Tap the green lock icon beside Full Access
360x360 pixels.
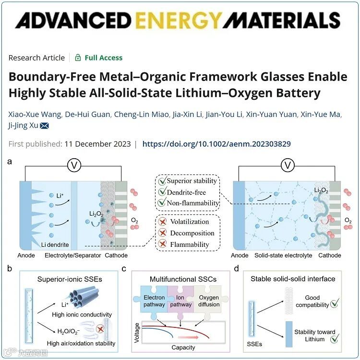tap(78, 58)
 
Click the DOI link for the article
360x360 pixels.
tap(216, 144)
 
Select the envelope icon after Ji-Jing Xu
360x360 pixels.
tap(44, 126)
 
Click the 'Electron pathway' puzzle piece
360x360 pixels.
tap(154, 301)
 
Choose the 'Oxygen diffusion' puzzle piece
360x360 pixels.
tap(209, 301)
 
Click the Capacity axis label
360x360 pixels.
tap(183, 348)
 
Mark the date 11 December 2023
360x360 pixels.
tap(98, 144)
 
